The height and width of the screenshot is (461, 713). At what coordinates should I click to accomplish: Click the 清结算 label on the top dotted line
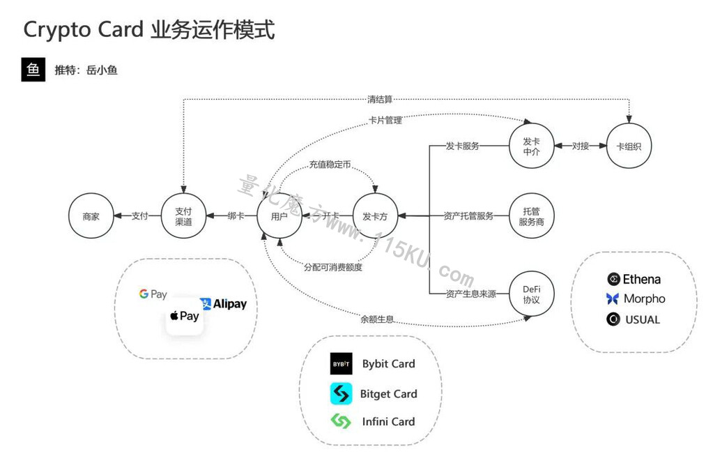point(380,99)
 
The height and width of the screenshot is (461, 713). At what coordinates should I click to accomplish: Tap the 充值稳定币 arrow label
point(330,165)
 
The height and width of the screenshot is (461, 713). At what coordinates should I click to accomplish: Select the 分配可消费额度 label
point(333,267)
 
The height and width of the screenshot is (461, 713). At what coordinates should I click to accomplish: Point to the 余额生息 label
point(377,319)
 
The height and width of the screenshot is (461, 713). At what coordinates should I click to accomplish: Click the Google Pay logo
point(153,294)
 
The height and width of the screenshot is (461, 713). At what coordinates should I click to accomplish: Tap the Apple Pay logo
point(184,316)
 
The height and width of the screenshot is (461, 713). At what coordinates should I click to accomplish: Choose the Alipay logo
point(223,303)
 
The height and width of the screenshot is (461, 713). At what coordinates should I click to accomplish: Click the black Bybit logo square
point(341,363)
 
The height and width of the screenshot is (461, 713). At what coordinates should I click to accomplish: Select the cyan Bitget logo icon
point(341,393)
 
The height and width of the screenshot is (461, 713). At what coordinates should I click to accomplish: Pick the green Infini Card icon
point(341,421)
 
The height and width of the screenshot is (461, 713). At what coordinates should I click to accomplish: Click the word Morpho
point(644,298)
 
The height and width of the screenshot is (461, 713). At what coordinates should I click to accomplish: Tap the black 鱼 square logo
point(33,70)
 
